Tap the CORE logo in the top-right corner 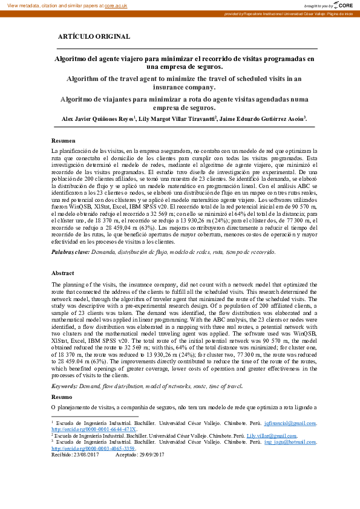pos(344,5)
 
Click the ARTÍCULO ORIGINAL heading pos(94,36)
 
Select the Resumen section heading pos(64,140)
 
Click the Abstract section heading pos(63,273)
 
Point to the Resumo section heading pos(62,397)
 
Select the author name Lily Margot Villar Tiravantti pos(177,118)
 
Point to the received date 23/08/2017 pos(87,455)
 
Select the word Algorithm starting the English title pos(82,79)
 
